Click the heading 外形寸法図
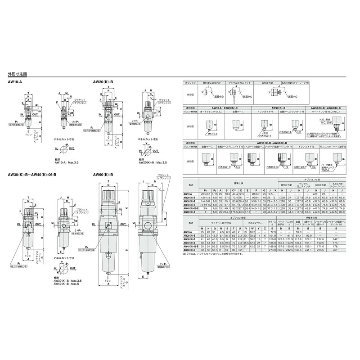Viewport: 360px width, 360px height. coord(18,74)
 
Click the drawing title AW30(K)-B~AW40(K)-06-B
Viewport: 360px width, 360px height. coord(30,175)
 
